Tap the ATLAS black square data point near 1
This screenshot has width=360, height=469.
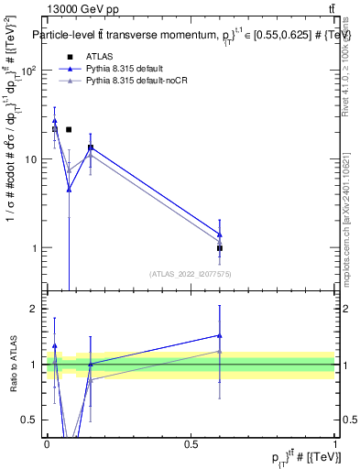coord(220,248)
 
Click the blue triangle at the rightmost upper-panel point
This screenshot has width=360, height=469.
coord(220,234)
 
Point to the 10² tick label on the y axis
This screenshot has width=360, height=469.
coord(31,71)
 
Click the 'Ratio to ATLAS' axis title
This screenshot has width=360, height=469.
coord(13,365)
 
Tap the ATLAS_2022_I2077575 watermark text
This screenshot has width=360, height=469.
coord(191,274)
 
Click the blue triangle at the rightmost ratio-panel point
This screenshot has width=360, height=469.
coord(220,335)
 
